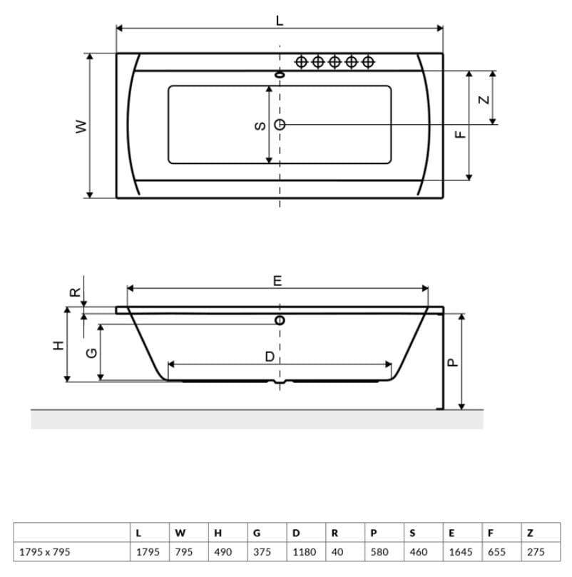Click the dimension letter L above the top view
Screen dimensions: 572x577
point(280,21)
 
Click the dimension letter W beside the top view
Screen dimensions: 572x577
point(81,126)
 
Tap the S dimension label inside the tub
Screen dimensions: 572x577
point(260,126)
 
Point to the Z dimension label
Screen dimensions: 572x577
point(484,99)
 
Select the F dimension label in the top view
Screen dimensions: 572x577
point(460,135)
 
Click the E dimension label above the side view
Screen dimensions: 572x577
point(277,281)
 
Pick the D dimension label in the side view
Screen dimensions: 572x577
point(270,356)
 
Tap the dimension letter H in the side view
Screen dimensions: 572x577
point(58,345)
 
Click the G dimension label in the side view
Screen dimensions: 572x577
point(91,353)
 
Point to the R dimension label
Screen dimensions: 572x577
point(75,292)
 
